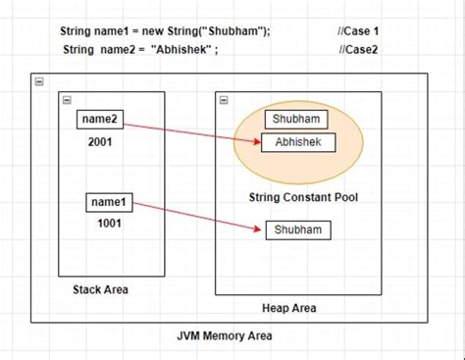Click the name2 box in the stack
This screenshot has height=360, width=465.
tap(101, 120)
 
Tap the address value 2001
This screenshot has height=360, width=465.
tap(101, 141)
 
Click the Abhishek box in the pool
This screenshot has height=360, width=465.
tap(298, 143)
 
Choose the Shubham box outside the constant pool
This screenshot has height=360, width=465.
tap(298, 230)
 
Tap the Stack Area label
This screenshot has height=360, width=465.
tap(100, 289)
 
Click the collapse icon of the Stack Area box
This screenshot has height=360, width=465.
tap(66, 100)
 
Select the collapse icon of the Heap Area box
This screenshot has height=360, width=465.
tap(224, 100)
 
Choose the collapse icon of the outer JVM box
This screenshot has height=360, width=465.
tap(39, 82)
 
